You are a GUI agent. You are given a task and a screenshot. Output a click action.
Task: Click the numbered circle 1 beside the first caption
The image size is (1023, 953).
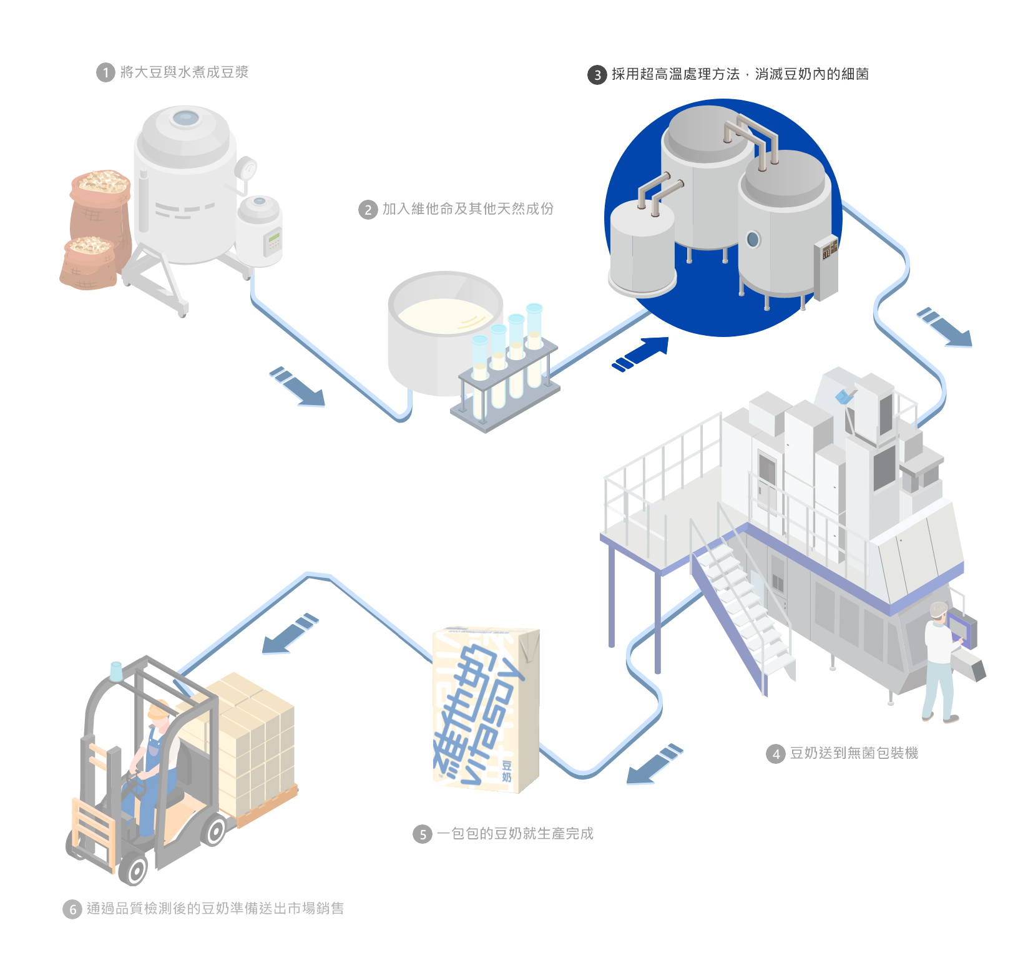tap(105, 73)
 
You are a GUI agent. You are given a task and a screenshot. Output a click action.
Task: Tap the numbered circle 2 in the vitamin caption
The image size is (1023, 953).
tap(368, 210)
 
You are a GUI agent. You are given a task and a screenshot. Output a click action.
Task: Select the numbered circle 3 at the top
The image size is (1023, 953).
tap(597, 76)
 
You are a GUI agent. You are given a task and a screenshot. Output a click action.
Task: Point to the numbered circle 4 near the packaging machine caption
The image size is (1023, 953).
tap(775, 754)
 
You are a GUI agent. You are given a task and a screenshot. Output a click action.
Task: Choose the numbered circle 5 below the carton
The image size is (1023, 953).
tap(423, 834)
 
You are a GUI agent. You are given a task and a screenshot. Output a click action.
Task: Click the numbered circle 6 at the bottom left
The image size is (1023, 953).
tap(72, 909)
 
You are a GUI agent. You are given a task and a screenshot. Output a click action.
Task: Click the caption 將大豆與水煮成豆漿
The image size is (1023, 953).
tap(184, 72)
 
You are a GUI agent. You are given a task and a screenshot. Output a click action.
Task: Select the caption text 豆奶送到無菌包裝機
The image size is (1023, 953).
tap(853, 753)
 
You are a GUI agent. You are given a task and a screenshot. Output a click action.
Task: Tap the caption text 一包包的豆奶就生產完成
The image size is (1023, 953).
tap(515, 834)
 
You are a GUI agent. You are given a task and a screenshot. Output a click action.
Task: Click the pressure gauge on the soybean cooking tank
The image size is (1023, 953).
tap(248, 168)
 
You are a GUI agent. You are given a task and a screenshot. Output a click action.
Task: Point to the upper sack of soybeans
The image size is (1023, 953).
tap(101, 190)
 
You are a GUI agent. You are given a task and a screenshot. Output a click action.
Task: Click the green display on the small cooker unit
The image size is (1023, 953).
tap(274, 239)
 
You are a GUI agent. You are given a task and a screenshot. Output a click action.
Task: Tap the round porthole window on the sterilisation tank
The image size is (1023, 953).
tap(753, 238)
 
